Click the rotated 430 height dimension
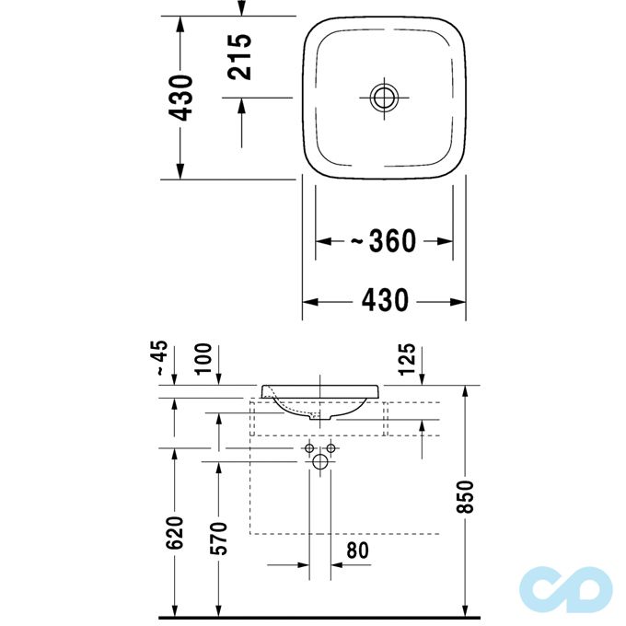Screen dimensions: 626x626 [181, 98]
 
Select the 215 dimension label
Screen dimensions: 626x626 [239, 57]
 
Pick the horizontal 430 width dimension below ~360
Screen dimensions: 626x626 [384, 300]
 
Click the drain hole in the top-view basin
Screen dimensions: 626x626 [383, 97]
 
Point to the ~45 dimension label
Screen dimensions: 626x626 [161, 358]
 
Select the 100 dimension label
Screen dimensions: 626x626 [203, 358]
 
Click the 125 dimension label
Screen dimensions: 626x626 [409, 358]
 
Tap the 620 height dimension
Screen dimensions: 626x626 [175, 532]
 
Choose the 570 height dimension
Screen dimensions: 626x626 [218, 538]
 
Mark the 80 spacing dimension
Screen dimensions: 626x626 [357, 551]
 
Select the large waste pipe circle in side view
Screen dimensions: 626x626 [320, 462]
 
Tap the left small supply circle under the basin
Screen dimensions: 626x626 [309, 449]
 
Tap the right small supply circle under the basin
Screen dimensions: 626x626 [331, 449]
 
